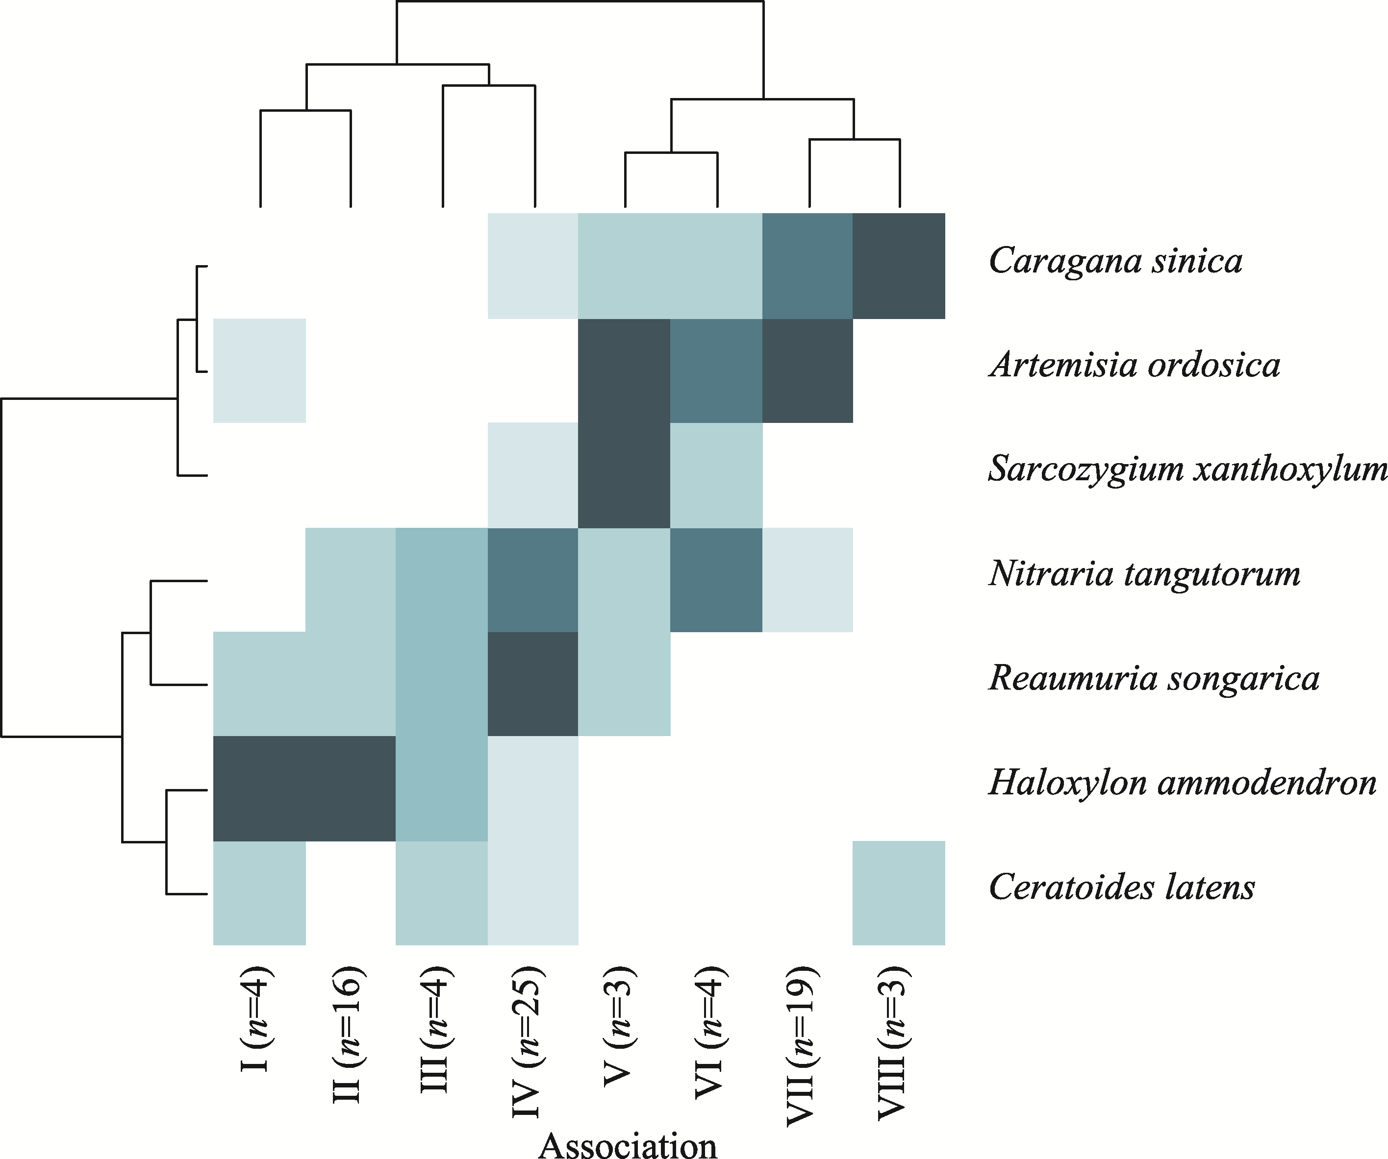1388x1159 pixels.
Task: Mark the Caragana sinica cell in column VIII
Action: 899,266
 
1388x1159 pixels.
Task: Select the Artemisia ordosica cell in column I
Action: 259,370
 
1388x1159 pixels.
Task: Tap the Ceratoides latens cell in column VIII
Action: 899,893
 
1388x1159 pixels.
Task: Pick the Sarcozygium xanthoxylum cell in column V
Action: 624,475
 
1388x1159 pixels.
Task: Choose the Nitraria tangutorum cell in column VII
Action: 807,579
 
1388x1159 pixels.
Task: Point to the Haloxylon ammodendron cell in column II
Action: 350,789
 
